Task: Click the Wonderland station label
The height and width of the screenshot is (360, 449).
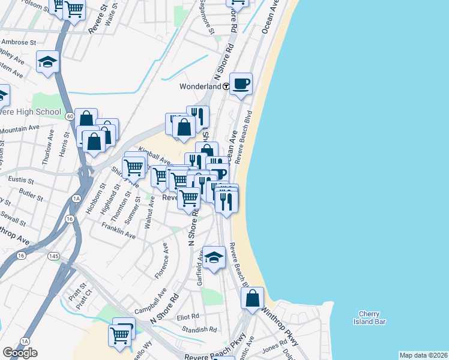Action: click(201, 86)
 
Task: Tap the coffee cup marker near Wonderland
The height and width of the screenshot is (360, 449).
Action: click(241, 84)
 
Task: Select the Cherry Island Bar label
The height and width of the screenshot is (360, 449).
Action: click(369, 317)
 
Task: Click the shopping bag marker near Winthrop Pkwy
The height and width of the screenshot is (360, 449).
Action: click(253, 298)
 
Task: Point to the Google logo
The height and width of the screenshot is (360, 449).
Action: click(20, 353)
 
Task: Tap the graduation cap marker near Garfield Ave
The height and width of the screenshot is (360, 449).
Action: click(214, 257)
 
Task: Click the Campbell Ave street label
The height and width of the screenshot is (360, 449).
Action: click(150, 304)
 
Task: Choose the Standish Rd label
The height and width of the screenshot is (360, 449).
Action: click(200, 329)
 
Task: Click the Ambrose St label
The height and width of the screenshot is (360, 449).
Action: click(19, 43)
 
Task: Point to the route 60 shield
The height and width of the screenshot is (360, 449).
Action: click(70, 116)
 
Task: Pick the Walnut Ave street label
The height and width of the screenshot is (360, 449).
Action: click(150, 215)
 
